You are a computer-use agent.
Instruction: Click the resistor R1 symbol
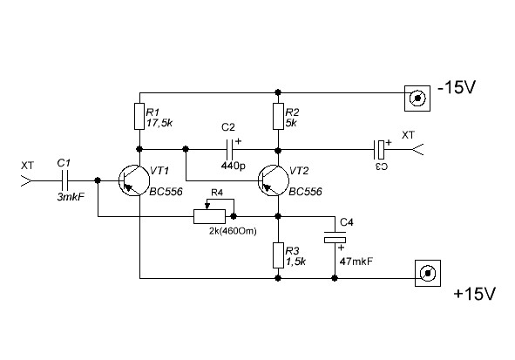139,116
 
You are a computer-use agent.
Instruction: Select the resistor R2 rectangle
278,116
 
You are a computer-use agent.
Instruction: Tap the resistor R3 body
278,255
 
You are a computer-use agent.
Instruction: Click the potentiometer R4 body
209,216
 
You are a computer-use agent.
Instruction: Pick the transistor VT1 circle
134,180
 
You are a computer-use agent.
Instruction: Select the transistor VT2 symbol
274,180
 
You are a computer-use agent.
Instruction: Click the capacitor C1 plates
65,180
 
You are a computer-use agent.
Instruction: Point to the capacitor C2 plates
230,149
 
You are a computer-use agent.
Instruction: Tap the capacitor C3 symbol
379,149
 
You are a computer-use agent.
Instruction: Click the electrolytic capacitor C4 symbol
335,237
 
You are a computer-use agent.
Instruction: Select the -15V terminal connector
417,98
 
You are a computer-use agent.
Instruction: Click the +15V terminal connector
428,274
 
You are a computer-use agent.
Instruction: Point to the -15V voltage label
457,87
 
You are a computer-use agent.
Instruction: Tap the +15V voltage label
474,294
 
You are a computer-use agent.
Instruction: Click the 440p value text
234,166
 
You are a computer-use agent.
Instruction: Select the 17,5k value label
159,123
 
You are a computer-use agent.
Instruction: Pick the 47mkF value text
356,262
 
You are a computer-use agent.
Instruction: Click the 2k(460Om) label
233,231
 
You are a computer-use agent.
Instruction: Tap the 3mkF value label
71,197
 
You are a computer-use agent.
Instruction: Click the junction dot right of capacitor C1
98,180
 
